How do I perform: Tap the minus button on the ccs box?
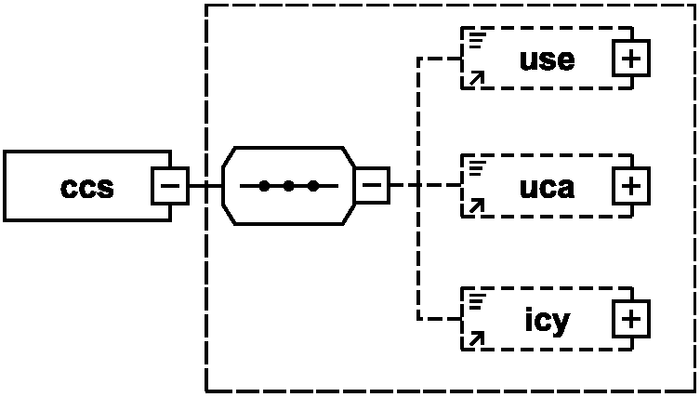[170, 186]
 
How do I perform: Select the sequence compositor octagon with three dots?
[288, 186]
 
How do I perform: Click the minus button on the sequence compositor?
[371, 186]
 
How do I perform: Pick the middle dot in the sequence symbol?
[289, 186]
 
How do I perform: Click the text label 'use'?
[548, 60]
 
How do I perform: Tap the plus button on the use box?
[631, 60]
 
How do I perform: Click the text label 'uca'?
[548, 187]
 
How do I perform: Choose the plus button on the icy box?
[631, 320]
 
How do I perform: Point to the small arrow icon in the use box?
[476, 79]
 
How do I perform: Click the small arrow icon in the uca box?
[476, 206]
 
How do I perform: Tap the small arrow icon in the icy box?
[476, 338]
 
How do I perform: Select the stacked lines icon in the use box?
[478, 39]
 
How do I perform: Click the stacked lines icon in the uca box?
[478, 167]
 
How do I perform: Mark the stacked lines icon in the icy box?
[478, 299]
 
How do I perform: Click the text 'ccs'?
[87, 187]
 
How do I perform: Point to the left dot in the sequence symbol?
[265, 186]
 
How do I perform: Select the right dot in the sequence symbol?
[313, 186]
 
